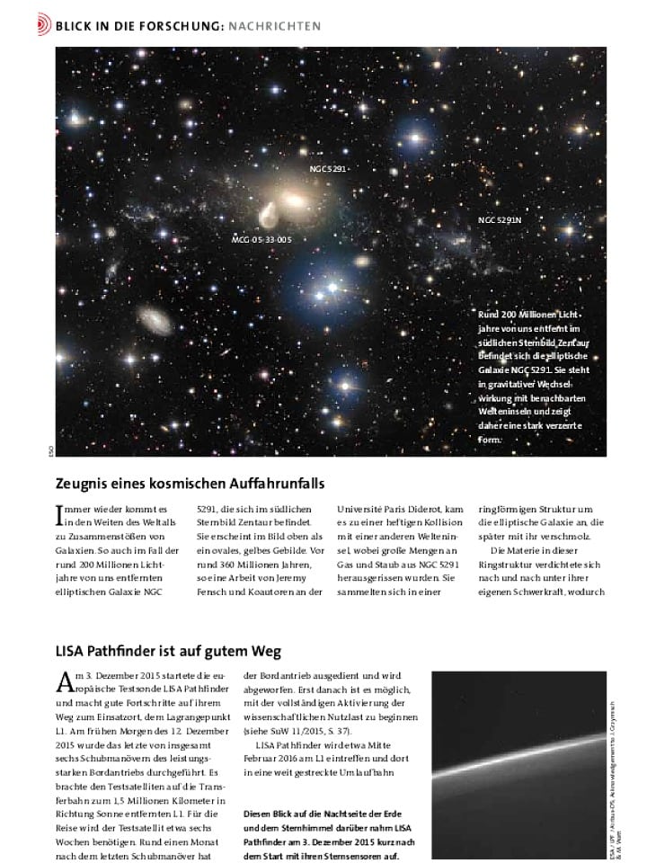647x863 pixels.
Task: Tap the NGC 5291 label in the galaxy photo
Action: coord(327,168)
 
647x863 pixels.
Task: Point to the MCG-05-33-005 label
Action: coord(261,240)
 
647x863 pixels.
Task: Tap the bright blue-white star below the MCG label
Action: coord(334,288)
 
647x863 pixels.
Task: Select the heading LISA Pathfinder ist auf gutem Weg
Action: coord(169,650)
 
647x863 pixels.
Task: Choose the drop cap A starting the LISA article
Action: coord(62,681)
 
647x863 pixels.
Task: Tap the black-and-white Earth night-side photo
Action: coord(521,764)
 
